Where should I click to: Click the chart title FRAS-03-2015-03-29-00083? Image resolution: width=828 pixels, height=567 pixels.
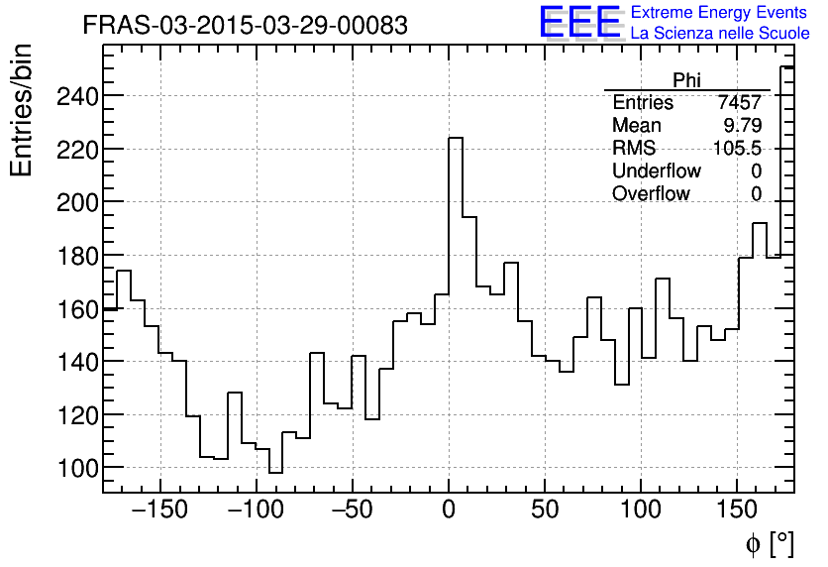(x=245, y=26)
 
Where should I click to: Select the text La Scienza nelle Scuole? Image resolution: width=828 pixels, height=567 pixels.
(x=720, y=34)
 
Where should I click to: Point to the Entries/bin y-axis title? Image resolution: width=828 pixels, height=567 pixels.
(x=22, y=110)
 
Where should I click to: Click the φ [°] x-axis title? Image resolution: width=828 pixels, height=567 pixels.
(x=769, y=543)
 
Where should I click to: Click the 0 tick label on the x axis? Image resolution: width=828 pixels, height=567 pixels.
(x=449, y=511)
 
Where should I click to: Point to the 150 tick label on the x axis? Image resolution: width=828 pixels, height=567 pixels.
(x=737, y=511)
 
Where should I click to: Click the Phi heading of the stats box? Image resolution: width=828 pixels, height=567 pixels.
(x=686, y=80)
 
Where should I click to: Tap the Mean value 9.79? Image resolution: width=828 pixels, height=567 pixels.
(x=743, y=126)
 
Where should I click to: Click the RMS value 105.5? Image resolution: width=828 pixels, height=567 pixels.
(x=738, y=149)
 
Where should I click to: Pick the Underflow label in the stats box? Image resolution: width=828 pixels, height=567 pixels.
(x=656, y=171)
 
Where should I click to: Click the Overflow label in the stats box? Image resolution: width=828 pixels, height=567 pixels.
(x=651, y=194)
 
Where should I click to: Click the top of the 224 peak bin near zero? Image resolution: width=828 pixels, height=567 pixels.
(x=456, y=138)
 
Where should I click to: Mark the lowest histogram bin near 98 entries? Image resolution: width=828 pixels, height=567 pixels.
(x=275, y=473)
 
